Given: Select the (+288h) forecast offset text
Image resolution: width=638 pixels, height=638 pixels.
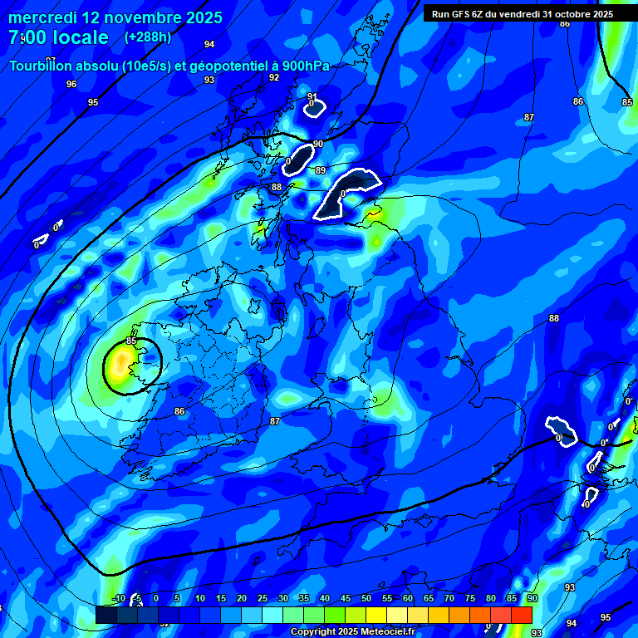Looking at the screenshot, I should (x=148, y=37).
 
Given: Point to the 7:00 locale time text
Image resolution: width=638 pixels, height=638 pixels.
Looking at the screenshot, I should (x=58, y=37).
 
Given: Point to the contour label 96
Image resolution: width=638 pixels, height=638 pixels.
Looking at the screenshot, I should (x=71, y=84).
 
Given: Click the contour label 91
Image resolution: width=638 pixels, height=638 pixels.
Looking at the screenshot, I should (x=312, y=96).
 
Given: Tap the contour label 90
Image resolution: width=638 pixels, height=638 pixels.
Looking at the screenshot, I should (x=318, y=145).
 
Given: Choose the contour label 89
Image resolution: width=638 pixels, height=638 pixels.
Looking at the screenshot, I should (x=321, y=170).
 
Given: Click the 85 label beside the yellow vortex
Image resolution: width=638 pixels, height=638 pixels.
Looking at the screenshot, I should (x=131, y=341).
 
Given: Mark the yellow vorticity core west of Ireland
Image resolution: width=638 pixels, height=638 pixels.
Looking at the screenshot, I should (x=122, y=362).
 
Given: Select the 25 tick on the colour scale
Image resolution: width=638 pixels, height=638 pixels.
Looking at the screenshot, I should (x=262, y=598).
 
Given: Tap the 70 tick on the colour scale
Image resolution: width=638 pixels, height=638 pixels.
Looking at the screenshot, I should (x=449, y=598).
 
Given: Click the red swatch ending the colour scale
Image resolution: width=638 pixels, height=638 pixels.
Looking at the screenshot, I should (x=521, y=615).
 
